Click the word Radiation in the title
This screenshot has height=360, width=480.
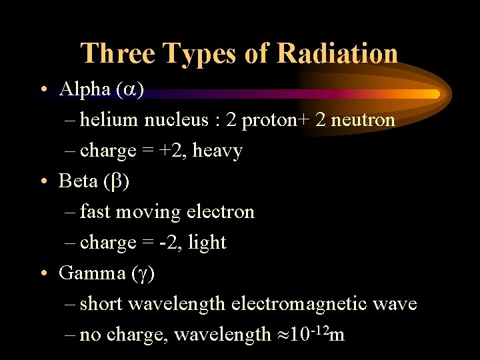point(338,53)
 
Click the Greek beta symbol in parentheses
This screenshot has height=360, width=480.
point(113,182)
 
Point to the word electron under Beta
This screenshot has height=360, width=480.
point(219,212)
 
